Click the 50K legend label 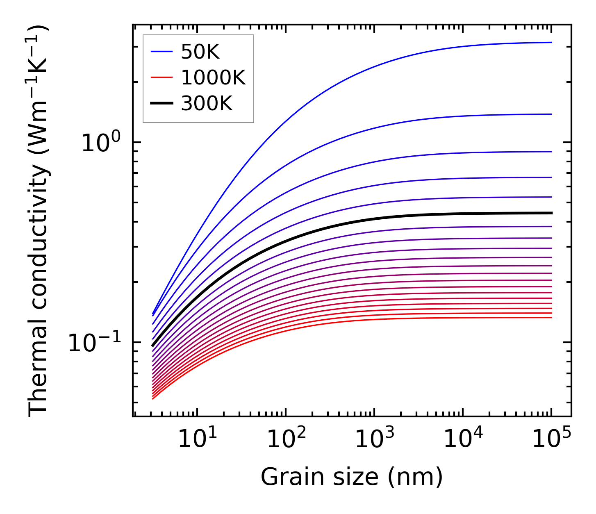pyautogui.click(x=200, y=52)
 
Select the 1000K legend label pyautogui.click(x=213, y=78)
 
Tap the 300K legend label pyautogui.click(x=207, y=104)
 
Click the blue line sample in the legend pyautogui.click(x=162, y=52)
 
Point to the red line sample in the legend pyautogui.click(x=162, y=78)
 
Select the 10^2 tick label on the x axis pyautogui.click(x=286, y=439)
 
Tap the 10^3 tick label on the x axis pyautogui.click(x=374, y=439)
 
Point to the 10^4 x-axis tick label pyautogui.click(x=463, y=439)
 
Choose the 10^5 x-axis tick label pyautogui.click(x=551, y=439)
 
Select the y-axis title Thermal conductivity pyautogui.click(x=39, y=221)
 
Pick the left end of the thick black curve pyautogui.click(x=152, y=346)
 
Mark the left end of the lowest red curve pyautogui.click(x=152, y=399)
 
